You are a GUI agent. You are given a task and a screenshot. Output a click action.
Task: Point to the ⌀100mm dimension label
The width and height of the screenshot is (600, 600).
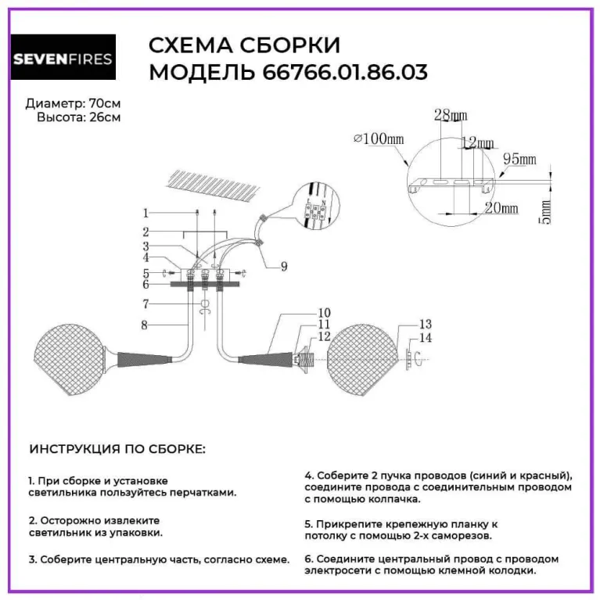(x=379, y=139)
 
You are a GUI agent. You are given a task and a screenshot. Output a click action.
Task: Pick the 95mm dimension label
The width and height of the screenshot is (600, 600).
(x=519, y=160)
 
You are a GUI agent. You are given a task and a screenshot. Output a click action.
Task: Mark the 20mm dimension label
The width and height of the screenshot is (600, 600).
(x=500, y=208)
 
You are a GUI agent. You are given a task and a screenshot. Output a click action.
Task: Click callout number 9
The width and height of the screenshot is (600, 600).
(x=283, y=266)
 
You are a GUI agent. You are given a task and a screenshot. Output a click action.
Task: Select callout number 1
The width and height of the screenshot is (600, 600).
(x=145, y=213)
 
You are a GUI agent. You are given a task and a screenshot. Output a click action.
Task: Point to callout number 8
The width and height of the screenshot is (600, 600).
(x=145, y=323)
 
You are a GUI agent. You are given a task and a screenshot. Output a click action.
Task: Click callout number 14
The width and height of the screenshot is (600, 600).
(x=426, y=338)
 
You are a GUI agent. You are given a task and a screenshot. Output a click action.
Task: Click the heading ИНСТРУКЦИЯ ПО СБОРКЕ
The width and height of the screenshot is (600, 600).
(x=117, y=450)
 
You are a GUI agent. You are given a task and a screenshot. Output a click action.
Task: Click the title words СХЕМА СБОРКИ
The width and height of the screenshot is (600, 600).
(x=244, y=45)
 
